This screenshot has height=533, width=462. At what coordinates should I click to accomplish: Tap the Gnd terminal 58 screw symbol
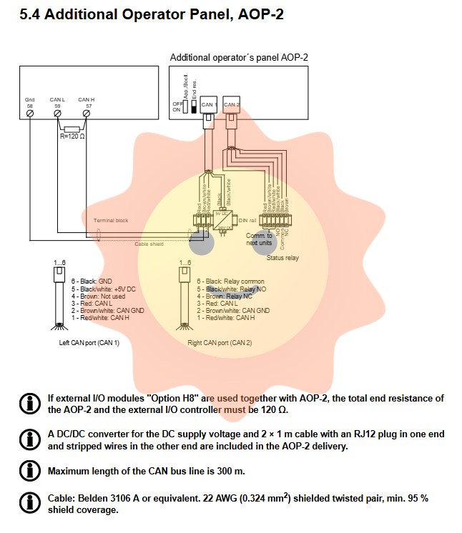click(x=30, y=114)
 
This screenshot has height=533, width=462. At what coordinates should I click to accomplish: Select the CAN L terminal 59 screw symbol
click(x=58, y=114)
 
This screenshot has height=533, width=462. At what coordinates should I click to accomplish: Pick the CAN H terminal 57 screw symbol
click(x=87, y=114)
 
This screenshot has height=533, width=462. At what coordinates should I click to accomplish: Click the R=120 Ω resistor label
click(x=73, y=136)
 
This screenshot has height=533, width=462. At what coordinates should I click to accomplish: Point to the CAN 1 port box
click(x=210, y=106)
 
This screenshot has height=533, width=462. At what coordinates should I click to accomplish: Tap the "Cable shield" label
click(x=149, y=244)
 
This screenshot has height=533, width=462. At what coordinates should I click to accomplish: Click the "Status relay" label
click(x=282, y=258)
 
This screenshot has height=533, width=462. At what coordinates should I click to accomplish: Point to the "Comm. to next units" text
click(x=259, y=239)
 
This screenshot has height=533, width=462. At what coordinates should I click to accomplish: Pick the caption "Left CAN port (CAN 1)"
click(x=89, y=343)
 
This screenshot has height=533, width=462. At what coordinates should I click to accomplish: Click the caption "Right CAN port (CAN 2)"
click(x=220, y=343)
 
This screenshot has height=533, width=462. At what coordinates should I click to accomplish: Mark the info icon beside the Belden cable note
click(x=29, y=503)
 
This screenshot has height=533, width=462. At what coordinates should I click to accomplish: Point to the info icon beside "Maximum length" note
click(x=29, y=471)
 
